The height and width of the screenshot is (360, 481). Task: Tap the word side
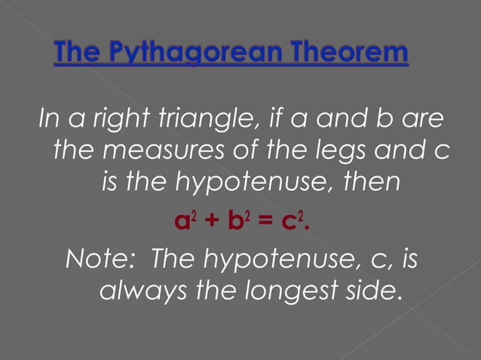(x=374, y=291)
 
